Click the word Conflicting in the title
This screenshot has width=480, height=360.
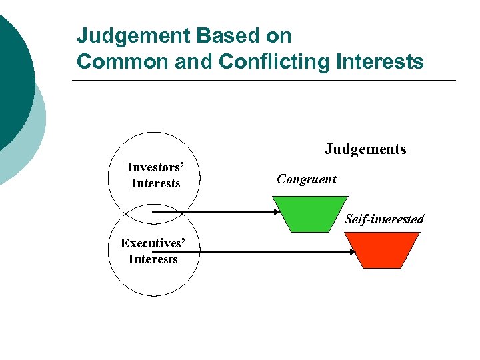click(275, 62)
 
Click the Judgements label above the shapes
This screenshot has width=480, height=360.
click(365, 149)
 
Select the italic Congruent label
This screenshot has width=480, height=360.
click(307, 179)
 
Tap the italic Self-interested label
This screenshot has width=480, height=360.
click(384, 219)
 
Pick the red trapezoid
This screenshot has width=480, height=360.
click(381, 250)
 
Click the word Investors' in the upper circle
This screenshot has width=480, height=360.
click(155, 167)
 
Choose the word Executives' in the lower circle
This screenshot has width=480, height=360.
click(152, 243)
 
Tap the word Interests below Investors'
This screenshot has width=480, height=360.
click(155, 183)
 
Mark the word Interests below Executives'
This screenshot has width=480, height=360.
click(153, 259)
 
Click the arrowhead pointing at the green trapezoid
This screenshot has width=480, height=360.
click(280, 212)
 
